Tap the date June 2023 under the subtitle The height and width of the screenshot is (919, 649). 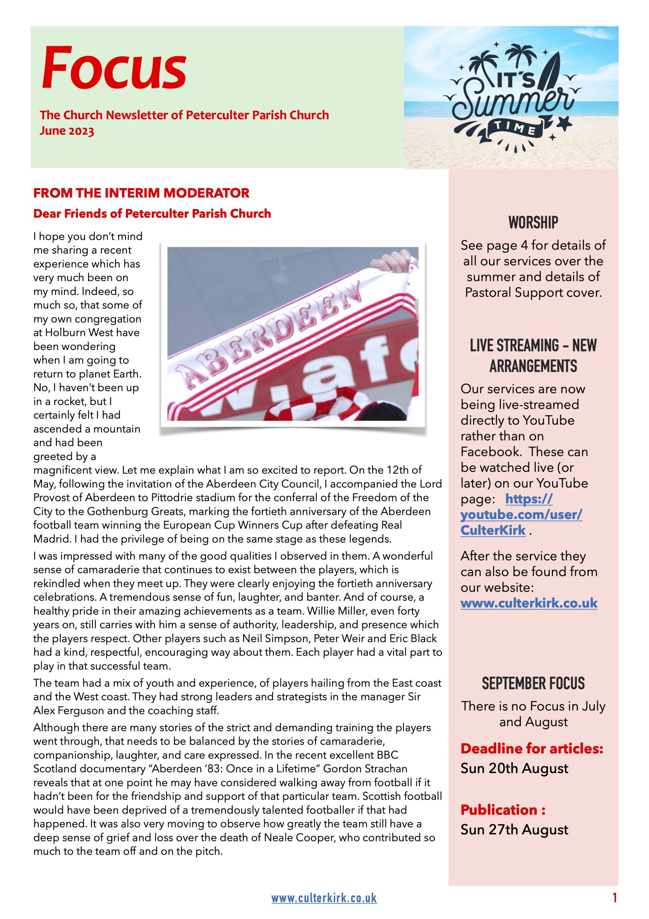67,131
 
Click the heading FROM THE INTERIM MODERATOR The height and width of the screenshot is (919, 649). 141,193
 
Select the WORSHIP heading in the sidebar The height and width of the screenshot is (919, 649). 533,223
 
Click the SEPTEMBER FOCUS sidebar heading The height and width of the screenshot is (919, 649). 533,683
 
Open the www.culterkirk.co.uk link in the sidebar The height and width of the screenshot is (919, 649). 528,603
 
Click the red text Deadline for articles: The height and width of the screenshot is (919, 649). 532,748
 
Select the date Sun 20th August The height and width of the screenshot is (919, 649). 514,768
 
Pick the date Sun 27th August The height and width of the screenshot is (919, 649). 514,829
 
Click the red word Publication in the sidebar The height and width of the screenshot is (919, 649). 499,810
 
